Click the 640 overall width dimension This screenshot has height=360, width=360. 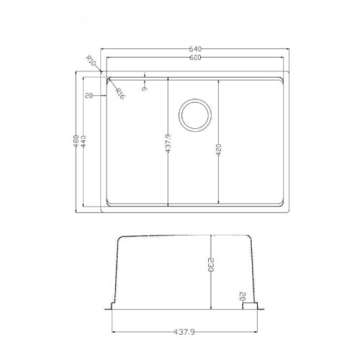pos(194,49)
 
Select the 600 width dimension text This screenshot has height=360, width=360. pos(194,57)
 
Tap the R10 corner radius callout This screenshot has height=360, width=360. pos(91,63)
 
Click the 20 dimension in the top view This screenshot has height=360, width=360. pos(89,95)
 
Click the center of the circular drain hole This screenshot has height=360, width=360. pos(194,114)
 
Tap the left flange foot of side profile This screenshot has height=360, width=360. pos(114,305)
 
